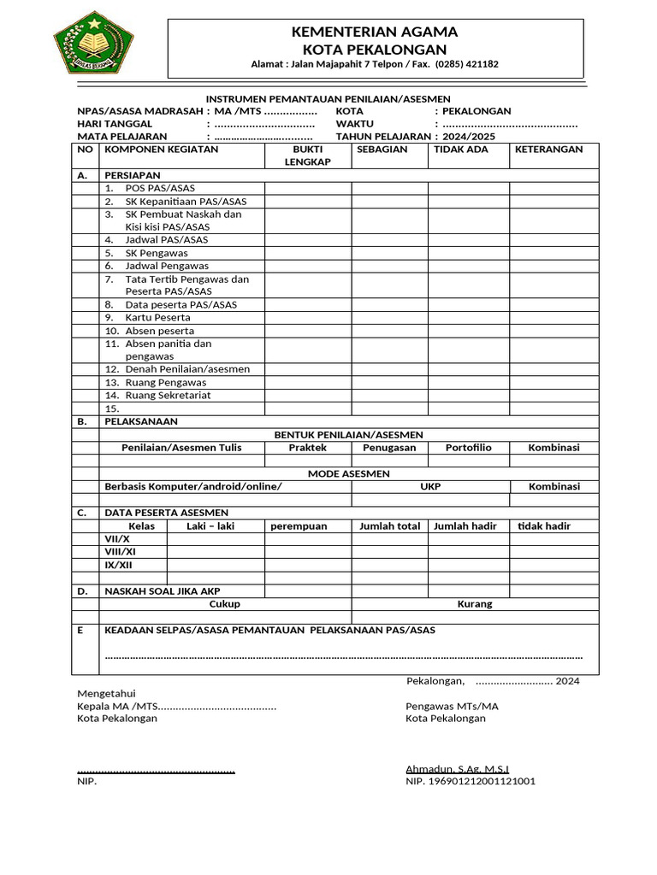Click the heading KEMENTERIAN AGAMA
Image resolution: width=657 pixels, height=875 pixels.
pos(375,32)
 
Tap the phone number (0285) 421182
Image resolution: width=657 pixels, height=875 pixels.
pos(467,64)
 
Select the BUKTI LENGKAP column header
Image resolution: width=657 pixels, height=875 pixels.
pos(307,156)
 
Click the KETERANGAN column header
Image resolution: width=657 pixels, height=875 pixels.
pos(548,150)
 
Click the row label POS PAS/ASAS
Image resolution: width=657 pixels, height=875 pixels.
pos(159,188)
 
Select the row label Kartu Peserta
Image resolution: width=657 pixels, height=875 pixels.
pos(157,317)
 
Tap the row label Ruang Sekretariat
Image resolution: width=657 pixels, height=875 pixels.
pos(168,396)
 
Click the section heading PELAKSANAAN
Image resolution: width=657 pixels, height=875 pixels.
pos(141,421)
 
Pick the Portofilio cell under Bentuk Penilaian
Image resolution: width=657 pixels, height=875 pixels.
pos(468,448)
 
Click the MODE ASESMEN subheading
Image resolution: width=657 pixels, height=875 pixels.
pos(348,473)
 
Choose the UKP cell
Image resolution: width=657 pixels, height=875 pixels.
pos(430,486)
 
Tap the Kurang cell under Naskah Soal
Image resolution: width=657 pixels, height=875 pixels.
pos(475,604)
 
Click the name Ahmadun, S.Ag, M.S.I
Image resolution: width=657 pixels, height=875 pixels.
pos(458,769)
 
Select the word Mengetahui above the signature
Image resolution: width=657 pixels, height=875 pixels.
pos(106,693)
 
